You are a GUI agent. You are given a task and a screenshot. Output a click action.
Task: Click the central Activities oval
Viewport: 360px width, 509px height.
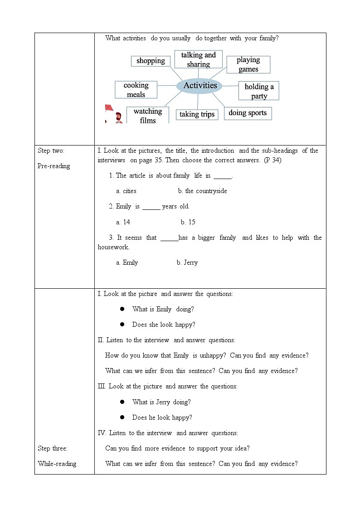(200, 86)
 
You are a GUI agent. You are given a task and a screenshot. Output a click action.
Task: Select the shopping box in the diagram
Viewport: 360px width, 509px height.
(151, 61)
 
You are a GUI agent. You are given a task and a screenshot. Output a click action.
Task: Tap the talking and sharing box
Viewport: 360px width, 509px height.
(198, 59)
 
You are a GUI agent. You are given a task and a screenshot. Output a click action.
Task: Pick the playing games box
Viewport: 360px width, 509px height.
(248, 64)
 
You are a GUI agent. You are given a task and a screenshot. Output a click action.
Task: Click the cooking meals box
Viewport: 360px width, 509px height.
(136, 90)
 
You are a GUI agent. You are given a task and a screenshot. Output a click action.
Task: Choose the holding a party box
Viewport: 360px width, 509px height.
(259, 91)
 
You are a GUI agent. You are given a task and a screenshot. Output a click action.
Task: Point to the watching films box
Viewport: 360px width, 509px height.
(147, 116)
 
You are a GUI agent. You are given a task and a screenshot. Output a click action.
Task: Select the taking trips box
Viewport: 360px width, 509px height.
(197, 114)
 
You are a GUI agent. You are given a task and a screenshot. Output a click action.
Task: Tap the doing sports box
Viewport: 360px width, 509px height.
(248, 113)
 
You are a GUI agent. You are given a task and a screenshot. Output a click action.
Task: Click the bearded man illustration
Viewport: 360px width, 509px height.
(118, 118)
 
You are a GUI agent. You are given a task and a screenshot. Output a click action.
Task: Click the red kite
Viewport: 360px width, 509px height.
(109, 108)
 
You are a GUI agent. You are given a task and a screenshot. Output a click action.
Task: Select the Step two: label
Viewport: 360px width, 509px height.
(51, 150)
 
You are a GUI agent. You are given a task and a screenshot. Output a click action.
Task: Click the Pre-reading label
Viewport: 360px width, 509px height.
(54, 166)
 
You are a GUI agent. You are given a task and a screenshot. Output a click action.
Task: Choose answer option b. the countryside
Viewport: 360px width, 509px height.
(202, 191)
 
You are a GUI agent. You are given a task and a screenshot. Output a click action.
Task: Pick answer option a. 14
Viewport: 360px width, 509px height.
(123, 222)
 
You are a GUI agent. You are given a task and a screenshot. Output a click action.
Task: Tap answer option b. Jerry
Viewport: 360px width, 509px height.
(187, 262)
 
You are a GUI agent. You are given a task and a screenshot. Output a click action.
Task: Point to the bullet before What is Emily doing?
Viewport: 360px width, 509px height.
(122, 309)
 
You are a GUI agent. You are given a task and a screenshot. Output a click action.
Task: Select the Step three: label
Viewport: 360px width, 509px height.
(53, 448)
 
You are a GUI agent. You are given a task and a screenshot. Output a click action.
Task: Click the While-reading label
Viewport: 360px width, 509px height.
(57, 464)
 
